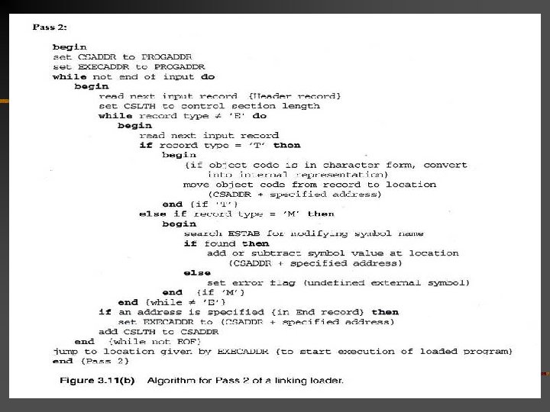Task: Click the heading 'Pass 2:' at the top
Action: pos(50,27)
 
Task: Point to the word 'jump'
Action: pos(66,351)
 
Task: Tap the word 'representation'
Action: pos(341,174)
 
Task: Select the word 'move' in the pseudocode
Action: pos(196,185)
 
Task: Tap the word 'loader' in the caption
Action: pos(325,379)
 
